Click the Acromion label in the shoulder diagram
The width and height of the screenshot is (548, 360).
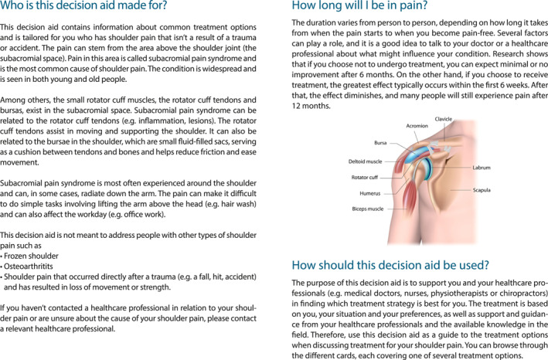tap(417, 125)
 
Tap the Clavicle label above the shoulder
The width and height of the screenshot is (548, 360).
tap(444, 120)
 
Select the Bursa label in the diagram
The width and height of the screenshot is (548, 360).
tap(380, 144)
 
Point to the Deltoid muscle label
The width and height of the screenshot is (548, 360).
tap(366, 161)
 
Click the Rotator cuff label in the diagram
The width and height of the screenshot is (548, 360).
tap(369, 177)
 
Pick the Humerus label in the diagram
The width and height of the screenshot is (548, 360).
tap(371, 192)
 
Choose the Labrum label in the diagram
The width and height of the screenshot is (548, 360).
tap(481, 167)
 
